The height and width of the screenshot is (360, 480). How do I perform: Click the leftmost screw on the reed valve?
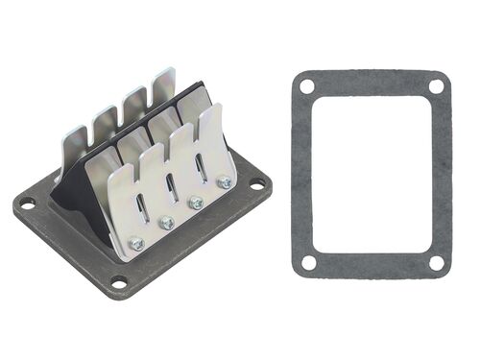(135, 243)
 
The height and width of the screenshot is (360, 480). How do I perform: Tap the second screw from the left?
(167, 223)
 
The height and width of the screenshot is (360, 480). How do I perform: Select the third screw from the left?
(197, 202)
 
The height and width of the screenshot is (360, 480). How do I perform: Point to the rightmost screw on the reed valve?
(225, 182)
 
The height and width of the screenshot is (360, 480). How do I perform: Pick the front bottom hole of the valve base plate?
(118, 282)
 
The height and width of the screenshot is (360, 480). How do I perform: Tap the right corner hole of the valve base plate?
(256, 183)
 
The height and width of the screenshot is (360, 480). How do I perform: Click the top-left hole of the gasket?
(306, 86)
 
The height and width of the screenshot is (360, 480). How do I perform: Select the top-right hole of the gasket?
(436, 86)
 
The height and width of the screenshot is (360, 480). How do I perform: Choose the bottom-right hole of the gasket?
(437, 262)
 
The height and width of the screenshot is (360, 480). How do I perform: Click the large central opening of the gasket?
(372, 173)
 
